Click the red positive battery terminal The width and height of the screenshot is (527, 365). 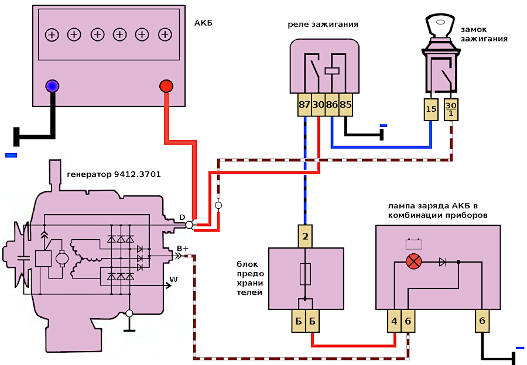[x=166, y=87]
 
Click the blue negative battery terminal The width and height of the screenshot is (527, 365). [x=53, y=87]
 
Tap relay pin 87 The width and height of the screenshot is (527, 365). [x=304, y=105]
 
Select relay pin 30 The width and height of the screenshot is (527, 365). [x=318, y=105]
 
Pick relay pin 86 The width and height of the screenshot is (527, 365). [x=332, y=105]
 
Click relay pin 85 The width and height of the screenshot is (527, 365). [x=345, y=105]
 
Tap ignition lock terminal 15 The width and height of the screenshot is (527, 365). [x=431, y=109]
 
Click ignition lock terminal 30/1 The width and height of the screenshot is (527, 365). [x=450, y=109]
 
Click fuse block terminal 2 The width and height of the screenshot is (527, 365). [x=304, y=237]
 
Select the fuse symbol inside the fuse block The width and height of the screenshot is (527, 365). [x=304, y=273]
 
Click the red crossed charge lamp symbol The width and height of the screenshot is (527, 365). [x=414, y=261]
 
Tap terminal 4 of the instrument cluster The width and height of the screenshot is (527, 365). [x=395, y=321]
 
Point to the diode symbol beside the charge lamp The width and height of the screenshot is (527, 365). [x=442, y=261]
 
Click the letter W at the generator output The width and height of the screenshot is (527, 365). [x=173, y=280]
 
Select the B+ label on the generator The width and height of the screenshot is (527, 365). [x=183, y=249]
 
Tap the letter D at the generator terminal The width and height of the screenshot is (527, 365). [x=182, y=218]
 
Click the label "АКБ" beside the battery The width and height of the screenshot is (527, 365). [x=203, y=23]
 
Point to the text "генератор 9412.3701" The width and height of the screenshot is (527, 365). [x=114, y=174]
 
